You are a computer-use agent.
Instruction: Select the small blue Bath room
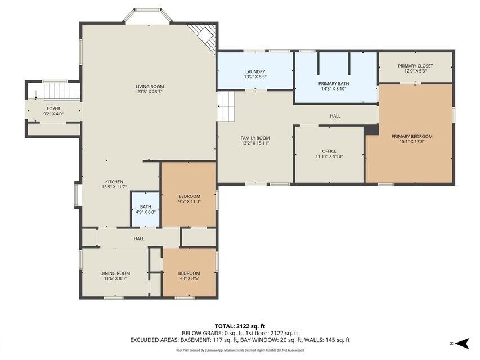[145, 209]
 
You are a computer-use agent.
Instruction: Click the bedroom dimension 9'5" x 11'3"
[189, 201]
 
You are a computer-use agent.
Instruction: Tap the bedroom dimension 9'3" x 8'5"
[189, 278]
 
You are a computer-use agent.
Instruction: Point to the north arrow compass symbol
[461, 343]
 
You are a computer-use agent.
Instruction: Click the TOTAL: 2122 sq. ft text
[240, 326]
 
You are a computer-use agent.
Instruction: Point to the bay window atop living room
[147, 15]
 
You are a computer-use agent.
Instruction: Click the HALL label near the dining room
[139, 238]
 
